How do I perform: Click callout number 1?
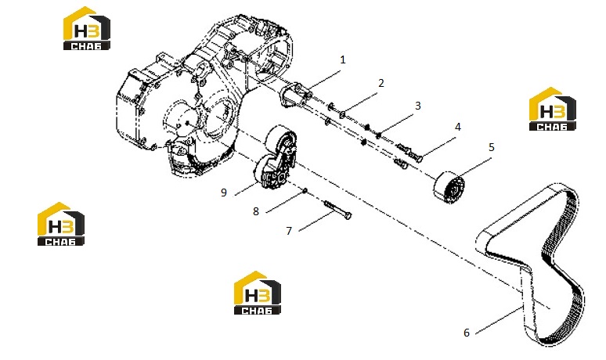pos(343,60)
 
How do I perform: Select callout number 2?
pos(381,83)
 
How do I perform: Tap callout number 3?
pos(418,106)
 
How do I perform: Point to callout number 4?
pos(457,127)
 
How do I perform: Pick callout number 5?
pos(492,147)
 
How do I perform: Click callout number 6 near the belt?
pos(467,333)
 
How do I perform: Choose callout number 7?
pos(289,231)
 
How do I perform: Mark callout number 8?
pos(256,211)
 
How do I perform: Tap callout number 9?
pos(223,193)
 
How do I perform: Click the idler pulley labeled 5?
pos(449,187)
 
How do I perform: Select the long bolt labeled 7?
pos(337,210)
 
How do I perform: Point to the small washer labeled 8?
pos(305,190)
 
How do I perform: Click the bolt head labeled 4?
pos(418,157)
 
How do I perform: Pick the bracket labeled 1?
pos(294,95)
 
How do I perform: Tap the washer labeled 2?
pos(342,114)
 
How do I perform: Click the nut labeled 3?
pos(379,135)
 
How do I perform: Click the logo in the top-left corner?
pos(87,28)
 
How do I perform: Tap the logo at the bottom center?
pos(258,293)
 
